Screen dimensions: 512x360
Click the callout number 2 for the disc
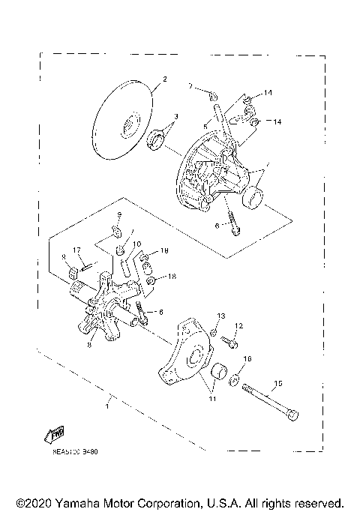[164, 79]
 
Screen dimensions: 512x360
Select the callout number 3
[175, 116]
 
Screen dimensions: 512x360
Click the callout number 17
[76, 250]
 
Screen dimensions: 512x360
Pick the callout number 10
[136, 244]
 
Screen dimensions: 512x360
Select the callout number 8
[89, 346]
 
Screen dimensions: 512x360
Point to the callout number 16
[248, 359]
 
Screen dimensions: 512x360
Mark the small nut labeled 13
[212, 330]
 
